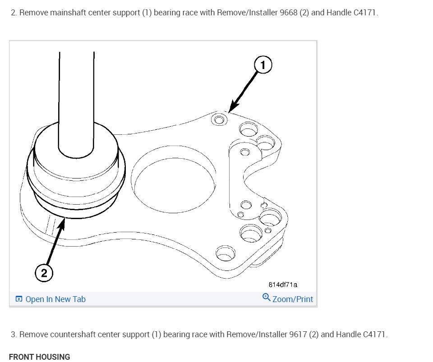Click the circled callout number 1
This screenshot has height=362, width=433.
coord(263,65)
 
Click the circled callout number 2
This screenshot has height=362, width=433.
coord(44,272)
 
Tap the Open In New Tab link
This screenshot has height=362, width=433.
coord(55,299)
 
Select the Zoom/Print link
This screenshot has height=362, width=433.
coord(292,299)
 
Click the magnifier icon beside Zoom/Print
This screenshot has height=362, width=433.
coord(266,298)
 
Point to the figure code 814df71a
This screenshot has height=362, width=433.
coord(283,285)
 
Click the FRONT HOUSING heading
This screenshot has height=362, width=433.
coord(39,357)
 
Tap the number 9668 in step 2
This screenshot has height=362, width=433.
coord(288,12)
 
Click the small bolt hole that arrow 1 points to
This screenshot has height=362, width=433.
coord(219,119)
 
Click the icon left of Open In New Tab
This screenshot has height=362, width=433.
coord(19,299)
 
